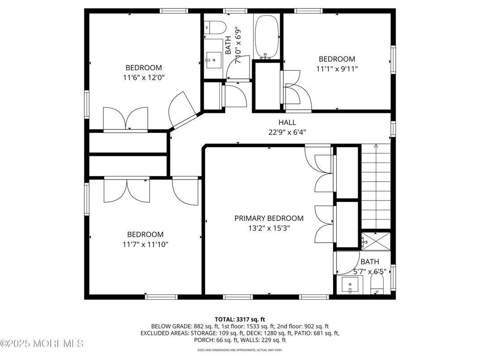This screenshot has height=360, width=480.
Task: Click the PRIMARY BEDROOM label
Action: click(269, 218)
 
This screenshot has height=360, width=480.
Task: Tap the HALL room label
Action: click(287, 122)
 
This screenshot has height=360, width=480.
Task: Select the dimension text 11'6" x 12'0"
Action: click(143, 77)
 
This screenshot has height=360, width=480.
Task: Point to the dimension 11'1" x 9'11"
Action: click(337, 69)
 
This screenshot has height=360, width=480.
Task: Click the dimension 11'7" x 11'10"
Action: click(145, 244)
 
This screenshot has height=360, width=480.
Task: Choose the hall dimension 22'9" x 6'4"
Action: click(287, 132)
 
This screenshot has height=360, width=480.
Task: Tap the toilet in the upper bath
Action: click(214, 27)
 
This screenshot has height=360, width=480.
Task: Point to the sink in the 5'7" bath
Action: click(350, 284)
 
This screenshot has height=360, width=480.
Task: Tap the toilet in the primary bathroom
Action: click(378, 285)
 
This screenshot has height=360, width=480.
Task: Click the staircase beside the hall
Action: click(376, 188)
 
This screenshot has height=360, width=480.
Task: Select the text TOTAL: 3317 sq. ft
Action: click(240, 319)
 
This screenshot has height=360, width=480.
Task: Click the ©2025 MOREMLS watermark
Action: click(42, 344)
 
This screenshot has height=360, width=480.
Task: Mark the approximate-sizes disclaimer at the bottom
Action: click(240, 350)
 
